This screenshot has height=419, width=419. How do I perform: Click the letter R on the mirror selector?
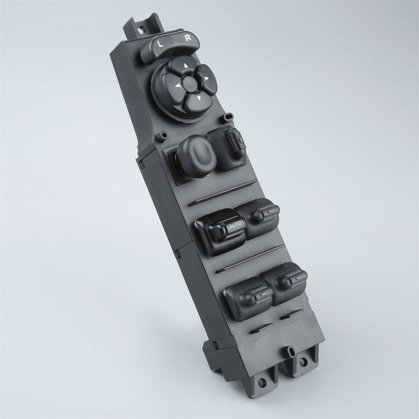click(x=189, y=38)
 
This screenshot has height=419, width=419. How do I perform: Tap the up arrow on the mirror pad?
click(x=185, y=65)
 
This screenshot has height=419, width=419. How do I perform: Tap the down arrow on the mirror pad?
click(x=199, y=98)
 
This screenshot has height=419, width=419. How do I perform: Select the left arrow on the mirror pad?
click(x=177, y=86)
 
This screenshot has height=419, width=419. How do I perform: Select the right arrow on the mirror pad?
click(x=206, y=78)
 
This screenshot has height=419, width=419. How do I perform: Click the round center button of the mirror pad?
click(x=190, y=82)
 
